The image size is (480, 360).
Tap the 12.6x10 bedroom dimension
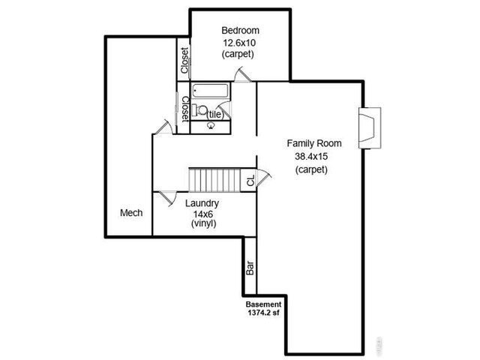click(x=238, y=42)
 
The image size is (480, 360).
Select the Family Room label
click(x=314, y=143)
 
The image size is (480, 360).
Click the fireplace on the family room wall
click(x=369, y=128)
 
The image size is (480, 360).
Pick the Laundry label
click(x=202, y=203)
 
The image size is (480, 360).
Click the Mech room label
click(x=131, y=213)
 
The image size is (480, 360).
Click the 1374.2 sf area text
click(x=264, y=313)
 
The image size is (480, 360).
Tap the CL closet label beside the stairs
click(x=250, y=180)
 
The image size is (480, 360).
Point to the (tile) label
click(x=215, y=115)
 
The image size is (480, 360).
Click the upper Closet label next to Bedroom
click(x=184, y=61)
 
